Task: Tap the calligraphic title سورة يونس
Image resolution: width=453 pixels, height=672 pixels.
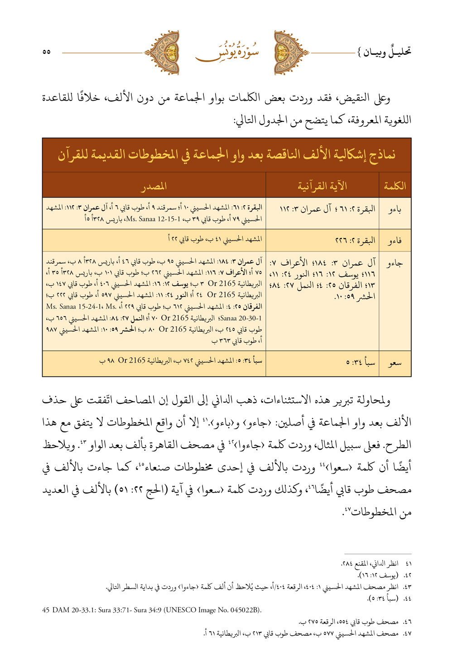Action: coord(227,52)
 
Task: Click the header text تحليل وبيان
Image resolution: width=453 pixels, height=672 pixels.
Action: coord(384,52)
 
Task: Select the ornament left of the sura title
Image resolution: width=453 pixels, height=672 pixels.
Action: coord(162,53)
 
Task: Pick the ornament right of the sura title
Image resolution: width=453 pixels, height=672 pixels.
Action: coord(291,53)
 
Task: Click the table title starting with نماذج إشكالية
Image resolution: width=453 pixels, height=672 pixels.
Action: coord(226,155)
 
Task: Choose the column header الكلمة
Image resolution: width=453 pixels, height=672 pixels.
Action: coord(395,186)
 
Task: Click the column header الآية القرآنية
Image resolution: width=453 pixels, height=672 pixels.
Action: coord(322,186)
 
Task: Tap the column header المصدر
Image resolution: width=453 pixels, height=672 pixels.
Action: coord(154,186)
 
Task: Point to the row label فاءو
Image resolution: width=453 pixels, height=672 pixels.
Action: coord(395,240)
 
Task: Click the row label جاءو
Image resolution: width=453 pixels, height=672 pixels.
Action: coord(395,263)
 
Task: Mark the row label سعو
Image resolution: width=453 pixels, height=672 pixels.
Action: coord(395,363)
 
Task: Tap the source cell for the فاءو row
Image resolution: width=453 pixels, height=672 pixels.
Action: coord(215,239)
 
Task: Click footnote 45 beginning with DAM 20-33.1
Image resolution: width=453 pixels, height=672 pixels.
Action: coord(152,610)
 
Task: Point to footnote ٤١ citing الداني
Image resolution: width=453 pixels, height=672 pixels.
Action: coord(376,564)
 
